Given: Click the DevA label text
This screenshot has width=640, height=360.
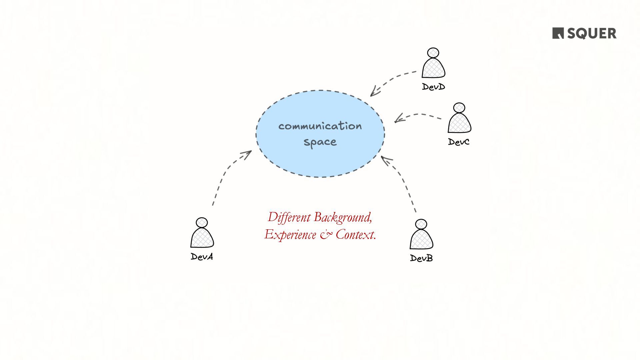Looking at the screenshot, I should click(202, 257).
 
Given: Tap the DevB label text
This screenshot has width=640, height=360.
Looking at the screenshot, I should click(421, 258).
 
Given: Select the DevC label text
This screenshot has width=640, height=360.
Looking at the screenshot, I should click(459, 142).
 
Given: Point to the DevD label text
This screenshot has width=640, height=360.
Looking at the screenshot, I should click(433, 87).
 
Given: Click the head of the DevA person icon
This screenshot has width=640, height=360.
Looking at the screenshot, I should click(202, 223).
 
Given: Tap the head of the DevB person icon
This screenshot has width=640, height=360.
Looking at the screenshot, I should click(421, 224).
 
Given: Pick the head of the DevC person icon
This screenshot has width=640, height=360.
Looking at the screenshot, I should click(459, 108).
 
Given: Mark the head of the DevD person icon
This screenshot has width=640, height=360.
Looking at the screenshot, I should click(433, 53).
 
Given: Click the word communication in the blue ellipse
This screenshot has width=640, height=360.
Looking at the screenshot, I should click(320, 126).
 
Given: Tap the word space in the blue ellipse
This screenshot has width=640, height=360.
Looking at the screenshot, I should click(320, 142).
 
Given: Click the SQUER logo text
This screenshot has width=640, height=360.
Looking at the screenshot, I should click(591, 33).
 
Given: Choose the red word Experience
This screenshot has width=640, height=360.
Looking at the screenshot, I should click(290, 235).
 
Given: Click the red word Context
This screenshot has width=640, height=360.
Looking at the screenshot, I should click(356, 235).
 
